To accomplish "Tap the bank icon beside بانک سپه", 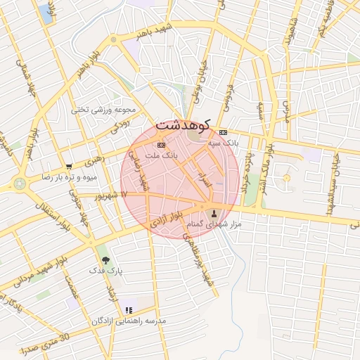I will coord(224,132).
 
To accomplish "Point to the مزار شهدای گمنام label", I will coord(216,224).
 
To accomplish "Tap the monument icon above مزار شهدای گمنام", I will coord(215,213).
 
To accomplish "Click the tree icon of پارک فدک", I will coord(106,260).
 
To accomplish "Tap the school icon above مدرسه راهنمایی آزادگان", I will coord(128,309).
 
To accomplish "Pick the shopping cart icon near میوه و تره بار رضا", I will coord(69,167).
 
